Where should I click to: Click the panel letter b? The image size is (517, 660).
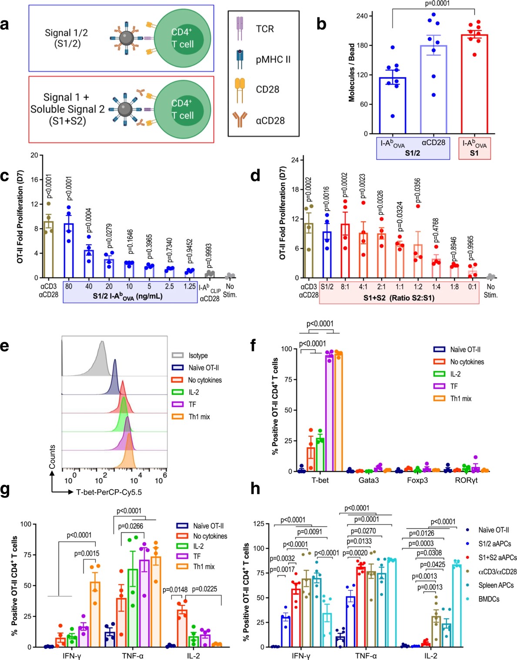(x=321, y=24)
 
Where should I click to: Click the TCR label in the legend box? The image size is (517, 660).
(x=265, y=29)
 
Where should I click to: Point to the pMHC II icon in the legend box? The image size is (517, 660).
(x=240, y=59)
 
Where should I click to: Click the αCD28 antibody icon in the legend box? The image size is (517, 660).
(x=240, y=120)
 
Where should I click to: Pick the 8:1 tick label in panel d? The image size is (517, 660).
(x=345, y=287)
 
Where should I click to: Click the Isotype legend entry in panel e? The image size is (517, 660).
(x=198, y=356)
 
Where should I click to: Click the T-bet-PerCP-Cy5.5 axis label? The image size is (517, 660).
(x=109, y=492)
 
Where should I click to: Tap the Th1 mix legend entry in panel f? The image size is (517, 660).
(x=460, y=398)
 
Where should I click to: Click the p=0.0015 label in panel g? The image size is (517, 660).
(x=87, y=553)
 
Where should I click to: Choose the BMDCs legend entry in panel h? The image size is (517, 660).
(x=489, y=599)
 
